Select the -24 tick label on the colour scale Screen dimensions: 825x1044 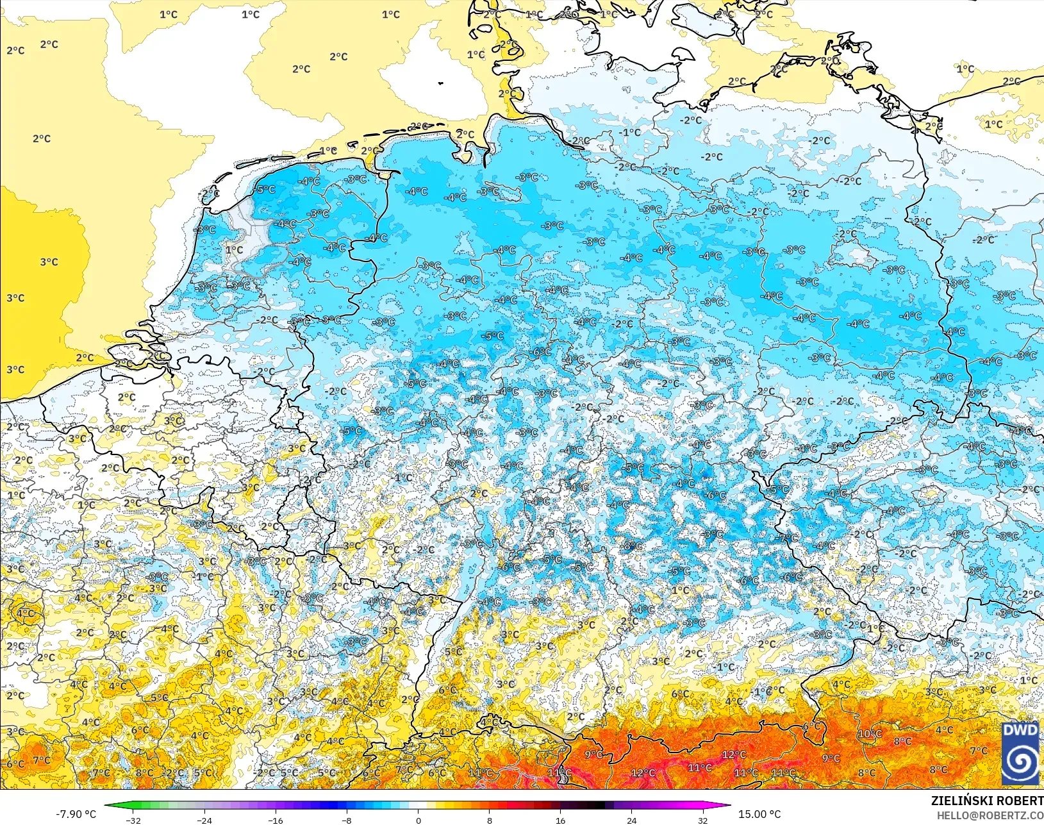pyautogui.click(x=204, y=820)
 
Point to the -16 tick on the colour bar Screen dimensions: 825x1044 pyautogui.click(x=275, y=820)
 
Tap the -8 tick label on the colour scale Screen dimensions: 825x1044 pyautogui.click(x=347, y=820)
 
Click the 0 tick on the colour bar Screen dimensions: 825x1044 pyautogui.click(x=418, y=820)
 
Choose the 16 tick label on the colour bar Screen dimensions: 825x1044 pyautogui.click(x=560, y=820)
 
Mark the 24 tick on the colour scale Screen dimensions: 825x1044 pyautogui.click(x=631, y=820)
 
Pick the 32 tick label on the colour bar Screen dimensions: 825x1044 pyautogui.click(x=702, y=820)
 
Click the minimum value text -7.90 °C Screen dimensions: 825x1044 pyautogui.click(x=76, y=814)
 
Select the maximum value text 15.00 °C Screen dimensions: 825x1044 pyautogui.click(x=759, y=814)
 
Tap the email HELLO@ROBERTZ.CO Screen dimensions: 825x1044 pyautogui.click(x=990, y=815)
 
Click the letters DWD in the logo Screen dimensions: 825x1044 pyautogui.click(x=1020, y=730)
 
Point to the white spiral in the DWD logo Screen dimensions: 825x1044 pyautogui.click(x=1020, y=762)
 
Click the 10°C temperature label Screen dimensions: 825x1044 pyautogui.click(x=870, y=734)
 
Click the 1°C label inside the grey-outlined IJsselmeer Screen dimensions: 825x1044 pyautogui.click(x=235, y=250)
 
